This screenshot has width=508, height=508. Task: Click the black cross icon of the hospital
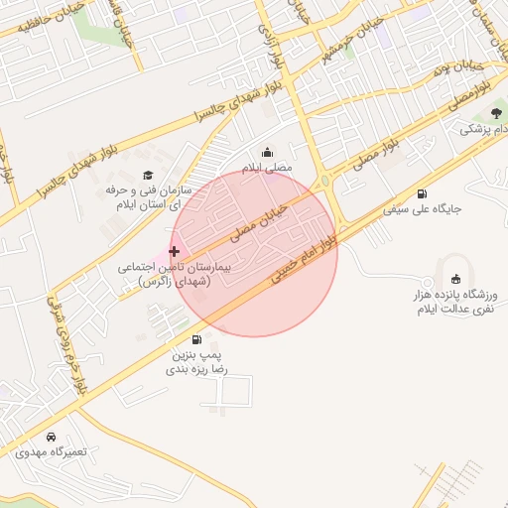(x=175, y=251)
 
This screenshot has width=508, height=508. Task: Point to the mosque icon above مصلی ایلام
(x=267, y=153)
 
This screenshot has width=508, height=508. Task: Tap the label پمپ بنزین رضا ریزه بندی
(x=202, y=361)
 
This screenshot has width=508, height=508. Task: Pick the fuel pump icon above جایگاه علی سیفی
(x=423, y=193)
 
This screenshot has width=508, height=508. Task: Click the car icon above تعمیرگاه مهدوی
(x=51, y=437)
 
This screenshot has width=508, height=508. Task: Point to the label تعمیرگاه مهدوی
(x=52, y=452)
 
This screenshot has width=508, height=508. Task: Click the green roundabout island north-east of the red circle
(x=325, y=181)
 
